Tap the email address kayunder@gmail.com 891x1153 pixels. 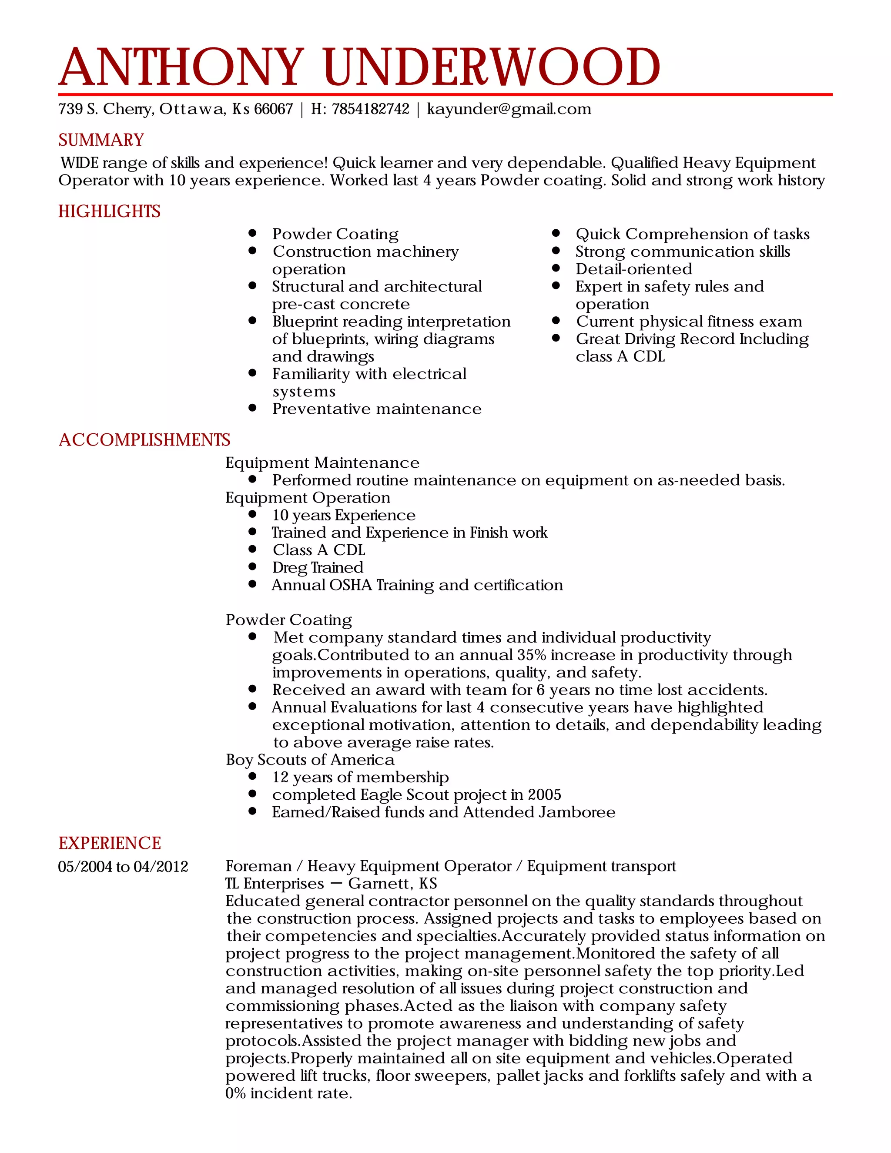pos(509,109)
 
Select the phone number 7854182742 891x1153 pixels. pos(371,109)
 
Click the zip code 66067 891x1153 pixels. pos(273,109)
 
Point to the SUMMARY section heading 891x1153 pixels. pos(101,140)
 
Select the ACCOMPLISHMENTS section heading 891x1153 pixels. pos(144,440)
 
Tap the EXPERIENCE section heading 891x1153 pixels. pos(109,843)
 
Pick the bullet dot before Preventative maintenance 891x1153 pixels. pos(252,408)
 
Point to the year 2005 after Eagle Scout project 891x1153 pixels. pos(544,794)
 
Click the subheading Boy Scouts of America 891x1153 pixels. pos(310,760)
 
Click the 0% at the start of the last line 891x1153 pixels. pos(235,1093)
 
